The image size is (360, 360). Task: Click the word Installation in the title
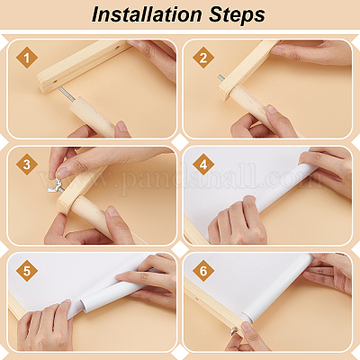tap(147, 14)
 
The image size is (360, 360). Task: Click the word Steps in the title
tap(238, 15)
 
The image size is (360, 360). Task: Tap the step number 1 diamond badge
tap(27, 58)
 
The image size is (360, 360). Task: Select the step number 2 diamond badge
tap(203, 58)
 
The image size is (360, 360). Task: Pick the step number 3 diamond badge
tap(27, 165)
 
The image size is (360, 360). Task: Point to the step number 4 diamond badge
tap(203, 165)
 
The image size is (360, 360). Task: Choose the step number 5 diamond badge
tap(27, 271)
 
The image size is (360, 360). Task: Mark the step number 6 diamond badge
tap(203, 271)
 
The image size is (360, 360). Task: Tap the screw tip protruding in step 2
tap(220, 78)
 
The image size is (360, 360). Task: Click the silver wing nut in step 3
tap(55, 186)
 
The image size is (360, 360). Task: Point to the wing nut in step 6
tap(234, 331)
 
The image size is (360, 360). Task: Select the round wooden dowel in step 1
tap(92, 116)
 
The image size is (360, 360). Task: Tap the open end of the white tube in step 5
tap(86, 303)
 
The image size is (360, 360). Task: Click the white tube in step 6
tap(279, 288)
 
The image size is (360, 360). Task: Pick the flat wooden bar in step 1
tap(84, 66)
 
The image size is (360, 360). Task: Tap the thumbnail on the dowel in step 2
tap(272, 109)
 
